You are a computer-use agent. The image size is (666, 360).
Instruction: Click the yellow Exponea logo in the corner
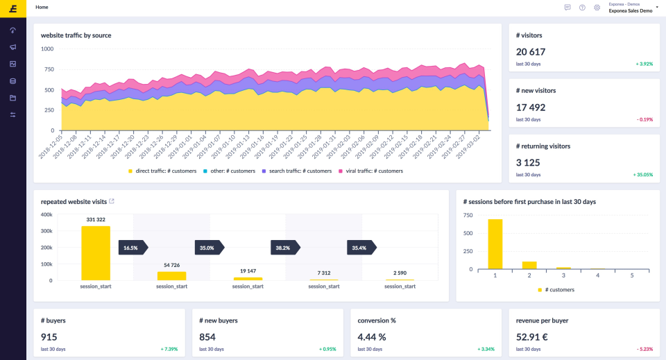(12, 8)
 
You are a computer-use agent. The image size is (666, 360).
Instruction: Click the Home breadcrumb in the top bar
(42, 7)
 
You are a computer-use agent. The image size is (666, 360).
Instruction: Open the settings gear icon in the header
(597, 8)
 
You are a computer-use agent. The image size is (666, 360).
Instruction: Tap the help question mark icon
(582, 8)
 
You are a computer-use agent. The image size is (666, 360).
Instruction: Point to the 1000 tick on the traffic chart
(47, 49)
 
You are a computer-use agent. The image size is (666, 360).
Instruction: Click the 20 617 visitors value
(531, 52)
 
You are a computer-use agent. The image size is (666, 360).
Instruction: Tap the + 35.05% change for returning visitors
(644, 175)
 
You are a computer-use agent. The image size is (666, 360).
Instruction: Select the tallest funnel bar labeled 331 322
(96, 253)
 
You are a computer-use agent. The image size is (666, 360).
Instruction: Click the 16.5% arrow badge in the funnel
(131, 248)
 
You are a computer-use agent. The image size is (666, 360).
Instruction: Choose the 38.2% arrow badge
(283, 248)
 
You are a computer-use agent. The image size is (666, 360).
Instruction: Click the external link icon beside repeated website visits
(112, 201)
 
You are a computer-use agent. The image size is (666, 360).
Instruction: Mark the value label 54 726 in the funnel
(171, 265)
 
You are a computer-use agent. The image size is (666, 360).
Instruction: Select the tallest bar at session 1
(495, 244)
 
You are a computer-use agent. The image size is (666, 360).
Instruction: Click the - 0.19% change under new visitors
(644, 119)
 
